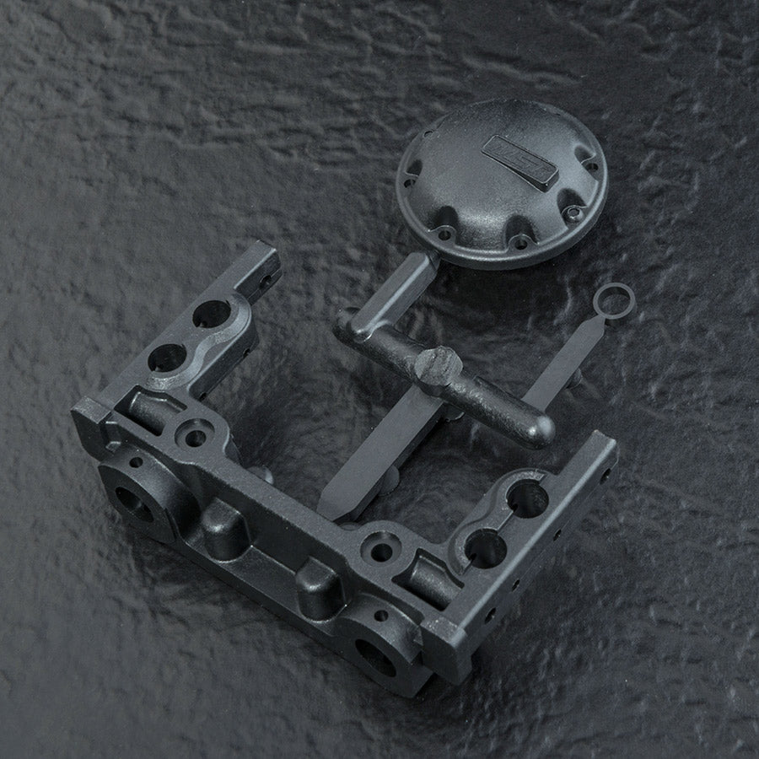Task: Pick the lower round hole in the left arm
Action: [x=167, y=358]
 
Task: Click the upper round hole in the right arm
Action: [x=527, y=498]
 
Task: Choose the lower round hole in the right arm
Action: [x=486, y=548]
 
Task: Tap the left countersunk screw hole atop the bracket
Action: [x=195, y=436]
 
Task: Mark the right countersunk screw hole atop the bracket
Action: [x=382, y=551]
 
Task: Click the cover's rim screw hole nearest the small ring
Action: [x=573, y=214]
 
